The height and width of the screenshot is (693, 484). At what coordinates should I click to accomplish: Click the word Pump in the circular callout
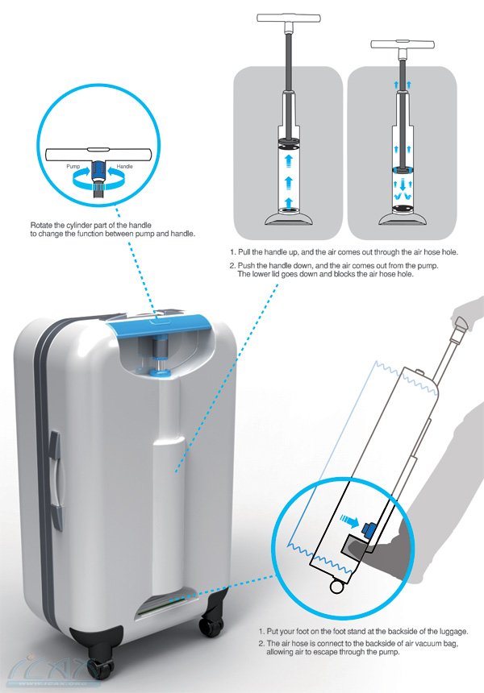[x=73, y=164]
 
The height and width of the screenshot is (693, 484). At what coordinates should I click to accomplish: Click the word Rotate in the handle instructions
[x=42, y=222]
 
